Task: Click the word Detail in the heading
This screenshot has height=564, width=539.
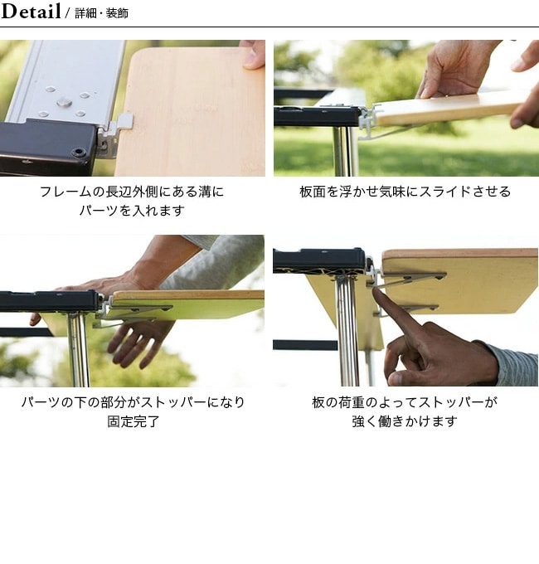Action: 31,11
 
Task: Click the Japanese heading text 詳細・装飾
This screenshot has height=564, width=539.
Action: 101,13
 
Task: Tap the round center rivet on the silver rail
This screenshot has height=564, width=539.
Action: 64,103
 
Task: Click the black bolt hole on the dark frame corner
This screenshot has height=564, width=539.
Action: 79,153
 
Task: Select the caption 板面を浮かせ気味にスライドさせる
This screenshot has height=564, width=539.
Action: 405,192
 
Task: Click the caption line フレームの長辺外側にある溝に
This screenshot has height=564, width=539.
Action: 132,192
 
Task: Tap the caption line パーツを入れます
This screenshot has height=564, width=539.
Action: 132,211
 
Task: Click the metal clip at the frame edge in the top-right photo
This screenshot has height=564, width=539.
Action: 368,118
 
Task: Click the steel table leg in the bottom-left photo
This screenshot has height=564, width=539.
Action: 78,350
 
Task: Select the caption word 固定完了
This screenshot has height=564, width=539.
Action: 133,421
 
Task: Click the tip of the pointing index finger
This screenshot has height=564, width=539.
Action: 375,289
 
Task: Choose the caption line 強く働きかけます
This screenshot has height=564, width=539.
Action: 405,421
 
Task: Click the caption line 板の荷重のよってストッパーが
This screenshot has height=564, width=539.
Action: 405,402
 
